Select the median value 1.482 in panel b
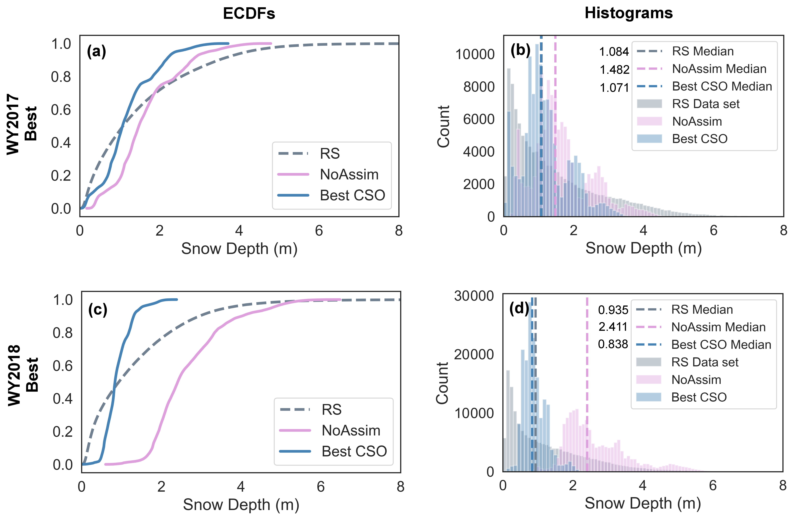pyautogui.click(x=614, y=70)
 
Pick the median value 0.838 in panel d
pyautogui.click(x=613, y=344)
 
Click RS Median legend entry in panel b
pyautogui.click(x=703, y=51)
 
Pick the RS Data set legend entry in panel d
pyautogui.click(x=705, y=362)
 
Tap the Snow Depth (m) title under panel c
pyautogui.click(x=241, y=505)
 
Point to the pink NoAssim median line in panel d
pyautogui.click(x=587, y=383)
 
